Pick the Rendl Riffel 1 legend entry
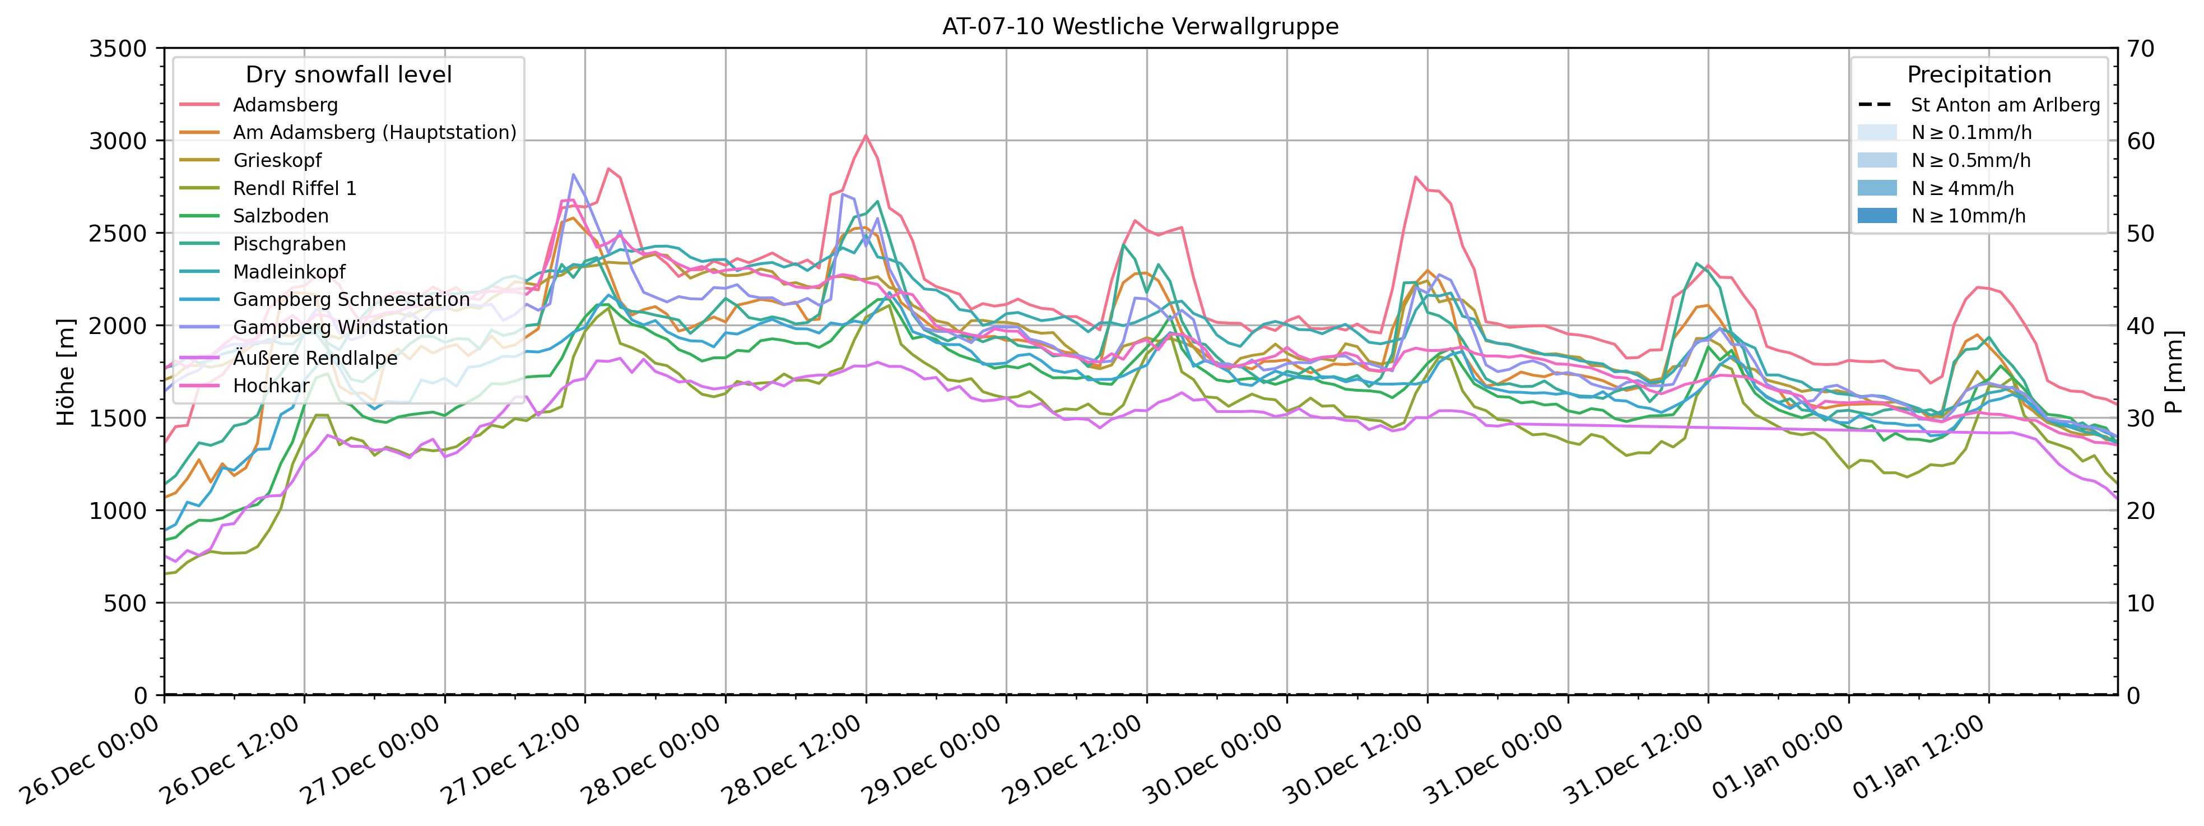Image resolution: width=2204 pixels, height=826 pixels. point(294,188)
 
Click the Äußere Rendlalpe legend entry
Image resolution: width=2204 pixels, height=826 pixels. point(315,358)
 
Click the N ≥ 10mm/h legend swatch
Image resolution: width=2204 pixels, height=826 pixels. point(1877,216)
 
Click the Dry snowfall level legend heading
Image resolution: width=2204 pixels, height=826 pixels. point(348,75)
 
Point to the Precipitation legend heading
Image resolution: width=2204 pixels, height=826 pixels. point(1978,75)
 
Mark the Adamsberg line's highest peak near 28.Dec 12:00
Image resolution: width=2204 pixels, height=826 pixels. point(866,135)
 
